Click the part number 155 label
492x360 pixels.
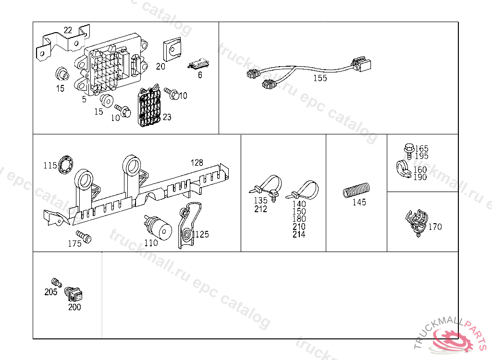320,78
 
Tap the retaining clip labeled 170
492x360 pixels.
416,222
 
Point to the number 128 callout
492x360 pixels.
197,163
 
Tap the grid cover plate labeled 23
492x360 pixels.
150,108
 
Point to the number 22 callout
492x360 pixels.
68,30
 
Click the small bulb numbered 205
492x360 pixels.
55,283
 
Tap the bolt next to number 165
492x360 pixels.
408,150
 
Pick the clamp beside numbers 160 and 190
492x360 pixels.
403,168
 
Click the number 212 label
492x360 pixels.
260,209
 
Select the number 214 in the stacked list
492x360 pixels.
299,234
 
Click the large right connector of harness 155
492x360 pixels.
364,66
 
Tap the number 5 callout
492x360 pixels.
84,99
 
